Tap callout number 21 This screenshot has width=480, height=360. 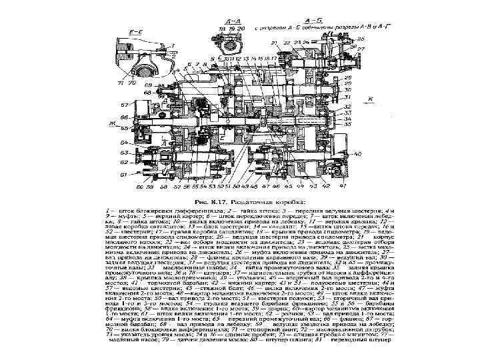(x=275, y=43)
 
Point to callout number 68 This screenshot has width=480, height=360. (x=148, y=86)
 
